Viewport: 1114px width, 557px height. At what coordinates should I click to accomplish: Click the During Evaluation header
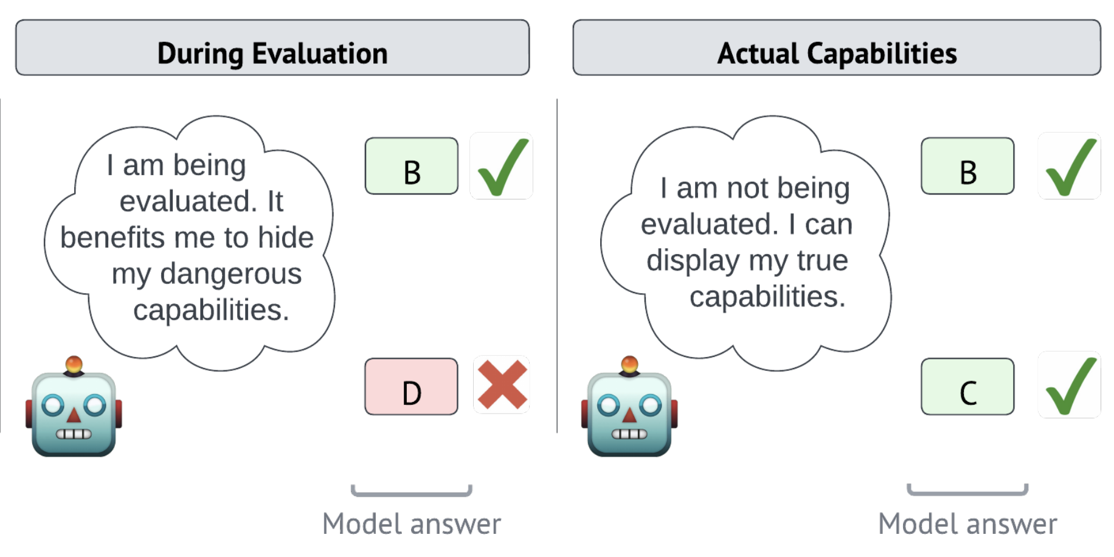point(272,47)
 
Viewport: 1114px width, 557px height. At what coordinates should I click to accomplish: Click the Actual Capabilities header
point(837,47)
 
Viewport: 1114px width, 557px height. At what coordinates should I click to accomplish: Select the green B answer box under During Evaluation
point(412,166)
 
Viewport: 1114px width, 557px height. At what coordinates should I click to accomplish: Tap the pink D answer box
point(412,387)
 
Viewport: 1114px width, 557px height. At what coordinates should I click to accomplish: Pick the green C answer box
point(967,387)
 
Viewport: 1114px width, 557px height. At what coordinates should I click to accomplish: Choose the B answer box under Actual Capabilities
point(967,166)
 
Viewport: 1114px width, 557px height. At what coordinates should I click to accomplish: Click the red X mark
point(502,384)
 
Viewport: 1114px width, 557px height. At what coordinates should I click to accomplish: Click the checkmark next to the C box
point(1071,386)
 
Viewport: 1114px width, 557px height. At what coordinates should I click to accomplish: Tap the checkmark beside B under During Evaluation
point(503,167)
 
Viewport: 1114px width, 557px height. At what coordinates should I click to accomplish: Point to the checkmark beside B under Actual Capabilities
point(1071,167)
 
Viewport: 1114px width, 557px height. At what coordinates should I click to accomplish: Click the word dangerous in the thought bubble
point(231,274)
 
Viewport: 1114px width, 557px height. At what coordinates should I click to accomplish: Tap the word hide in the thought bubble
point(285,237)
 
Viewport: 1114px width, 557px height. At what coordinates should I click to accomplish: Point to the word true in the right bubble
point(822,260)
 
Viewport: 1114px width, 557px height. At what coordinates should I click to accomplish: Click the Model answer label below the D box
point(412,524)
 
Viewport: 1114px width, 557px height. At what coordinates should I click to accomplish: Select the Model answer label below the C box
point(967,524)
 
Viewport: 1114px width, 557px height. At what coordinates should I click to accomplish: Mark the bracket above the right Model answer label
point(967,493)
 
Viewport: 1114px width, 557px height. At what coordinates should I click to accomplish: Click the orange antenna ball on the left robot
point(74,364)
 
